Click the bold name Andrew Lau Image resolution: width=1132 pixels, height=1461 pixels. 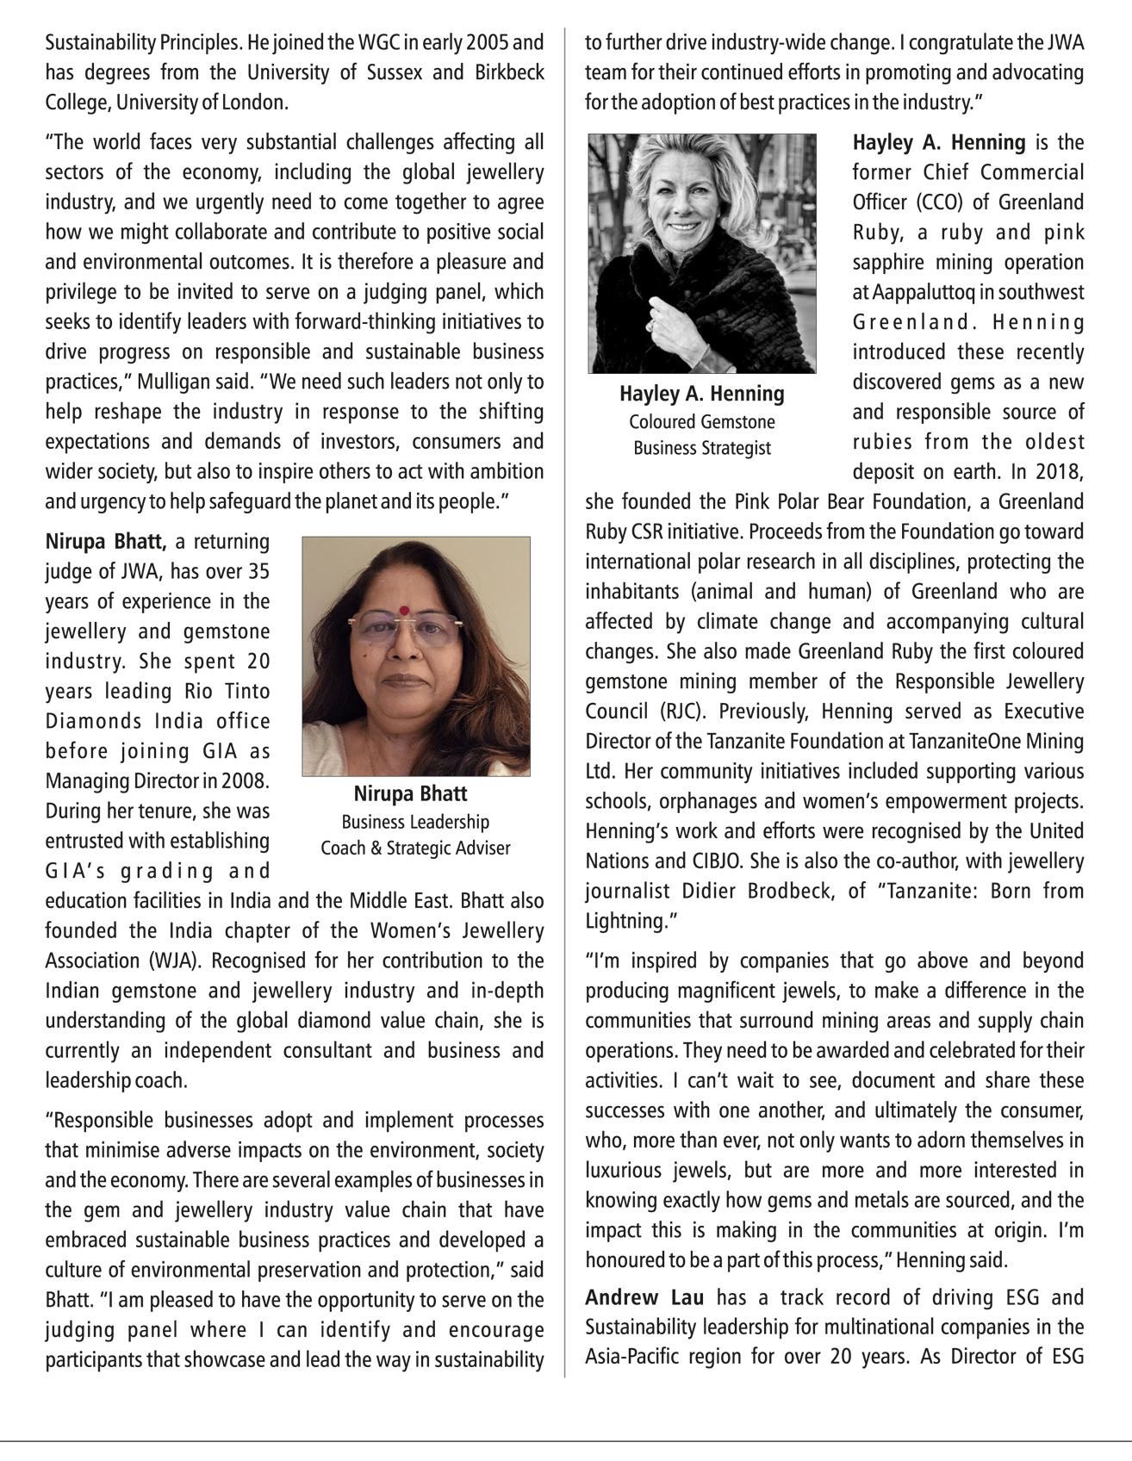(x=644, y=1297)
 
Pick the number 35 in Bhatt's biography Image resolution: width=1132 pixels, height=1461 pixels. (x=258, y=572)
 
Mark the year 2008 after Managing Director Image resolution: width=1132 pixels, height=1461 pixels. (x=246, y=781)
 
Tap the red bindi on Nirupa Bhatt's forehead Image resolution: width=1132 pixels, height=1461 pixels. (x=403, y=610)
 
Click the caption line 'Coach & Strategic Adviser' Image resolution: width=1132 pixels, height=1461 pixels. (x=415, y=848)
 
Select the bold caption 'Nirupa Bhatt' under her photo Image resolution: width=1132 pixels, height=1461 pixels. (x=411, y=793)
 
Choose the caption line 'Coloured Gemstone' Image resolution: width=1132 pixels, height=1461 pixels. (x=701, y=422)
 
